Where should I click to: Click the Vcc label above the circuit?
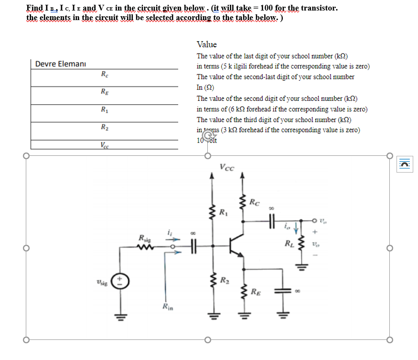(x=227, y=167)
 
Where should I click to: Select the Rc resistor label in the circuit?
(x=255, y=203)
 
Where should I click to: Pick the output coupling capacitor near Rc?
(x=271, y=220)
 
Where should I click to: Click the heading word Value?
(x=206, y=44)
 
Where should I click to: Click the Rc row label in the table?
(x=104, y=74)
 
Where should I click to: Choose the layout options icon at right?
(x=406, y=163)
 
